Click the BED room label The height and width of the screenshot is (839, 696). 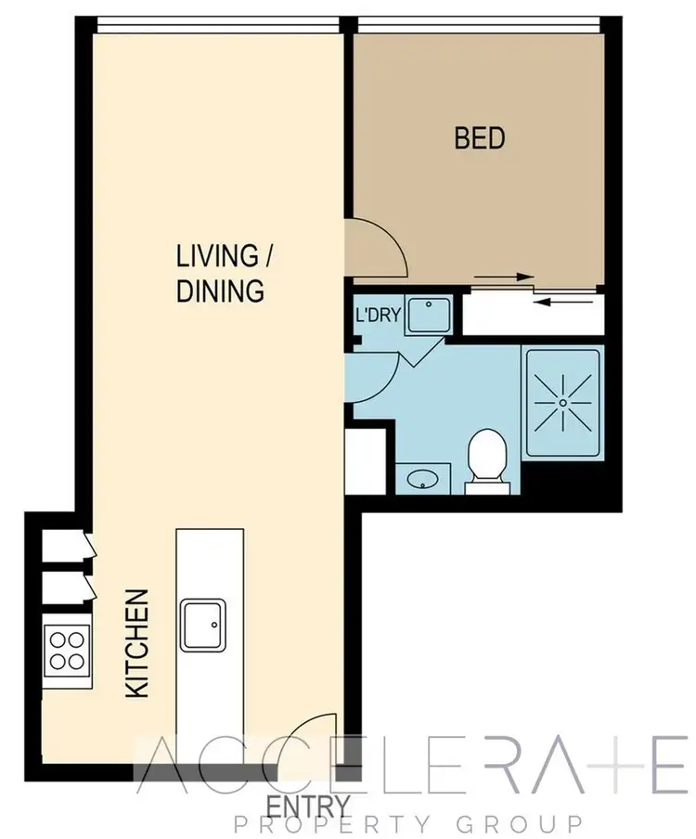480,139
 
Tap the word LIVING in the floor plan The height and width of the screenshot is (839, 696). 216,255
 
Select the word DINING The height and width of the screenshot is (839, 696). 220,290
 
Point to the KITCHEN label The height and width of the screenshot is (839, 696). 137,643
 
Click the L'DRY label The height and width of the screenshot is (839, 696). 378,316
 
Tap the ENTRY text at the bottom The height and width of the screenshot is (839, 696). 309,804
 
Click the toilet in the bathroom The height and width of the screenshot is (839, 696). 485,458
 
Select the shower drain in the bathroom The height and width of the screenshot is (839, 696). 563,402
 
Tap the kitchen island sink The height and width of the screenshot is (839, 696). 204,625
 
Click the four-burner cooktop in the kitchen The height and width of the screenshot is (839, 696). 67,650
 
